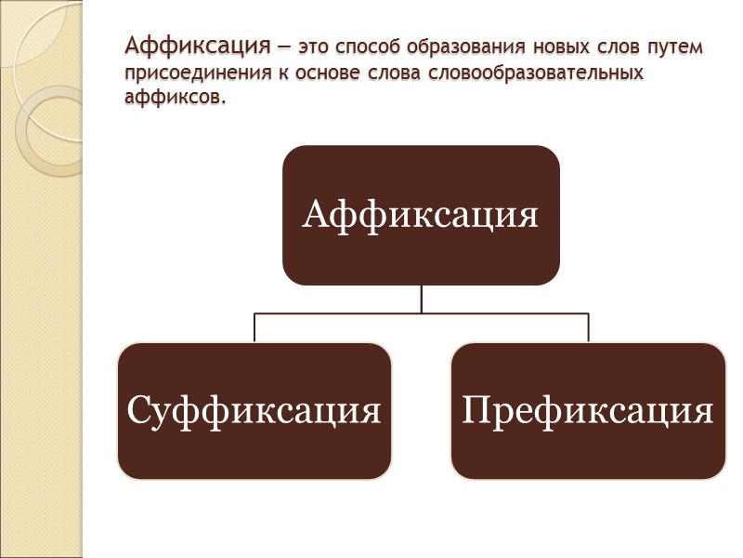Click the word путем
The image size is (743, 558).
click(x=675, y=46)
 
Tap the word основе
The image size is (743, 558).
click(x=331, y=73)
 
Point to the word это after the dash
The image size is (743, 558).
click(x=314, y=46)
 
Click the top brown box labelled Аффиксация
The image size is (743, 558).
click(x=421, y=215)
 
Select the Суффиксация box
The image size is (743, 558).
click(x=254, y=410)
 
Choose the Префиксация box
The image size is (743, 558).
click(x=588, y=410)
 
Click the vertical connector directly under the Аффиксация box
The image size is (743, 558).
click(x=422, y=299)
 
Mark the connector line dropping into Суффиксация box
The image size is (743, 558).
click(x=254, y=327)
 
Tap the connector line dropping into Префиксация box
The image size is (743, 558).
click(x=589, y=327)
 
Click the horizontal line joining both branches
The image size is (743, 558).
click(x=422, y=313)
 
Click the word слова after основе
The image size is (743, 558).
click(x=393, y=73)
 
